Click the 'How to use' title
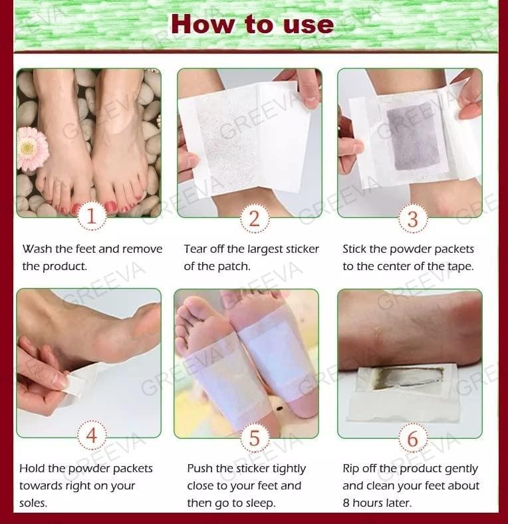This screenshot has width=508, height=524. [252, 25]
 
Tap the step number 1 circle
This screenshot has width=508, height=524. [92, 216]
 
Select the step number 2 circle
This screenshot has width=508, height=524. [255, 219]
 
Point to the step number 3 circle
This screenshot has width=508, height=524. [413, 219]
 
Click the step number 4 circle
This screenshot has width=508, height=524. [92, 435]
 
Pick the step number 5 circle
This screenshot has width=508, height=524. [255, 438]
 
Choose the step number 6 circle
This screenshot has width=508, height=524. [413, 438]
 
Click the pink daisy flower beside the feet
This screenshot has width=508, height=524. [33, 149]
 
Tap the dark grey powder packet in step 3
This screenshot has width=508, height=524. [413, 136]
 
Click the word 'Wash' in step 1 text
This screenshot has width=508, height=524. [37, 249]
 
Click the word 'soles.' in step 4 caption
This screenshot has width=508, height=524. [33, 503]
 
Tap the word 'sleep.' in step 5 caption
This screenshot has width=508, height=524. [261, 503]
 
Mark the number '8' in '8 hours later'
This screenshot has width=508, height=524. [346, 503]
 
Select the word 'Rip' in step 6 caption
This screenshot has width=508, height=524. [351, 469]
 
